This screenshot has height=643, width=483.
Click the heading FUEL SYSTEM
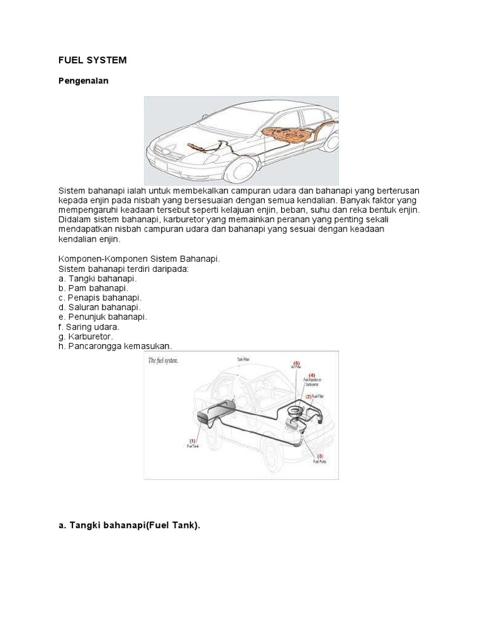coord(92,60)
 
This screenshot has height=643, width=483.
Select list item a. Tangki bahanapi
coord(97,278)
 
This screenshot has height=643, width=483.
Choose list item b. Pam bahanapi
coord(93,288)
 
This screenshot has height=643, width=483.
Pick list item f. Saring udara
coord(89,327)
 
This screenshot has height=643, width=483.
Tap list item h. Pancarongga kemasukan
coord(115,346)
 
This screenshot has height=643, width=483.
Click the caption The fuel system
coord(164,361)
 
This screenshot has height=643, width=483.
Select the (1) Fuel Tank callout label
coord(192,443)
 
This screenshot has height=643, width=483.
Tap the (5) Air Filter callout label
coord(297,365)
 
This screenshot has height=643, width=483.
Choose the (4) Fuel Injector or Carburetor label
coord(313,381)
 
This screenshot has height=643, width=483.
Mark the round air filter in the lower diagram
coord(294,411)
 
